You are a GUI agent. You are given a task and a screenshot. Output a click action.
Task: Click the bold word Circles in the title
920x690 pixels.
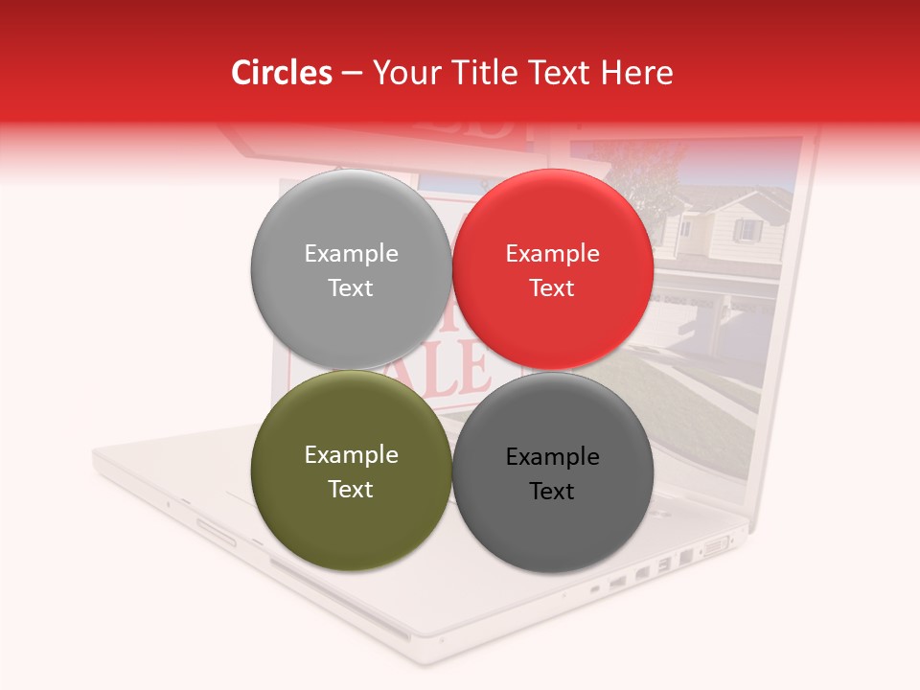(x=282, y=73)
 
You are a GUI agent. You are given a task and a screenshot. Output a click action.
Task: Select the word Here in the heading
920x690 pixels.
(x=638, y=73)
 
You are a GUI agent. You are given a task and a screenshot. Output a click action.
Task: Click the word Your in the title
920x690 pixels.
(x=403, y=73)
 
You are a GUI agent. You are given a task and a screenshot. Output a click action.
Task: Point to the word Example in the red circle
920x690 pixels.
(x=552, y=253)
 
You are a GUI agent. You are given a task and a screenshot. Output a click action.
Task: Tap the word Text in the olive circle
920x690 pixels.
(x=351, y=489)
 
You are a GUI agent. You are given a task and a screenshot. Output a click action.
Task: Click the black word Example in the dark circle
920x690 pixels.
(x=552, y=456)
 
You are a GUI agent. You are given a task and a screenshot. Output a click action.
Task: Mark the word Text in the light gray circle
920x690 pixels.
(x=351, y=287)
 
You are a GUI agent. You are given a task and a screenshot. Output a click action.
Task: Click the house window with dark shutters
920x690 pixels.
(x=747, y=231)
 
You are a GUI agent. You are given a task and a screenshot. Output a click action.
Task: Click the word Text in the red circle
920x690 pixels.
(x=552, y=287)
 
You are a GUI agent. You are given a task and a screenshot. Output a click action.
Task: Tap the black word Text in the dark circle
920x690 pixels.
(x=552, y=491)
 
